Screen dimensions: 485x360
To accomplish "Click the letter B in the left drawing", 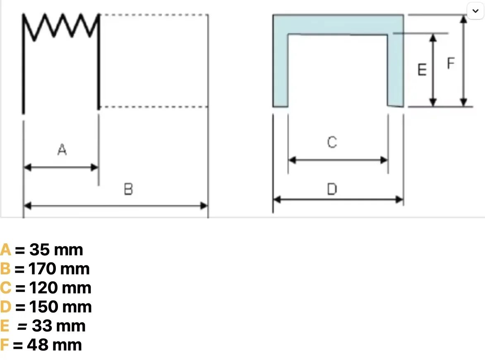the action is pyautogui.click(x=128, y=189).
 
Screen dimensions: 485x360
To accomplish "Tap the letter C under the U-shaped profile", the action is pyautogui.click(x=332, y=142).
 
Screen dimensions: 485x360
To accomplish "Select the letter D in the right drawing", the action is pyautogui.click(x=332, y=189).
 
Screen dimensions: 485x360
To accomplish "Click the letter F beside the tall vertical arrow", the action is pyautogui.click(x=451, y=63).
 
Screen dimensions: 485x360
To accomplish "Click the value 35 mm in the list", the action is pyautogui.click(x=56, y=250).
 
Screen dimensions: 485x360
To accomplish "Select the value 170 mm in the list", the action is pyautogui.click(x=59, y=269).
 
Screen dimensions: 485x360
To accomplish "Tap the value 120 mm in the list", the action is pyautogui.click(x=60, y=288).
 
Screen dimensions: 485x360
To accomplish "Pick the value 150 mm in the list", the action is pyautogui.click(x=60, y=307).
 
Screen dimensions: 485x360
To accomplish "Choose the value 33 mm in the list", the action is pyautogui.click(x=59, y=326).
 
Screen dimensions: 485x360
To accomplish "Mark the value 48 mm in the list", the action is pyautogui.click(x=55, y=345).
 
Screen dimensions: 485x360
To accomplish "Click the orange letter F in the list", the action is pyautogui.click(x=4, y=345).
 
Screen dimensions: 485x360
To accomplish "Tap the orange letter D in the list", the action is pyautogui.click(x=5, y=307).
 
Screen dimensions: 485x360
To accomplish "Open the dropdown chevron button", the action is pyautogui.click(x=475, y=11).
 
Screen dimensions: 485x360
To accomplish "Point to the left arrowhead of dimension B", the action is pyautogui.click(x=28, y=205).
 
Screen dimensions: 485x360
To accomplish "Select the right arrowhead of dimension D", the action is pyautogui.click(x=399, y=199).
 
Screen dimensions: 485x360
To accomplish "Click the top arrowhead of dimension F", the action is pyautogui.click(x=463, y=19).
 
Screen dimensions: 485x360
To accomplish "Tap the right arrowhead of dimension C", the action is pyautogui.click(x=384, y=160).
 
